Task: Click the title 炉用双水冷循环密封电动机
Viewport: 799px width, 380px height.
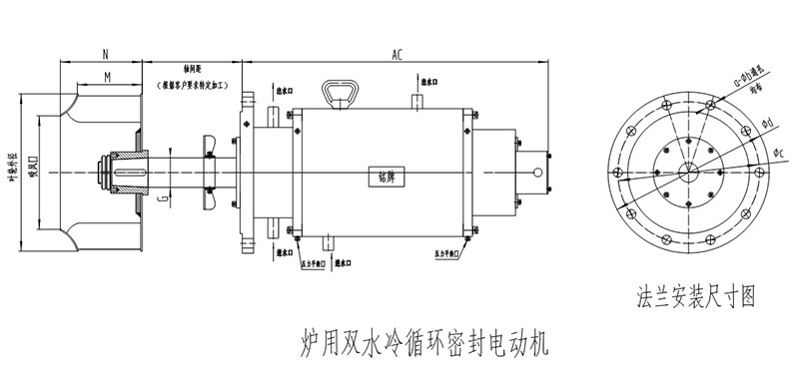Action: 423,340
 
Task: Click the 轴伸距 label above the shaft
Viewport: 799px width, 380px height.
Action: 194,71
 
